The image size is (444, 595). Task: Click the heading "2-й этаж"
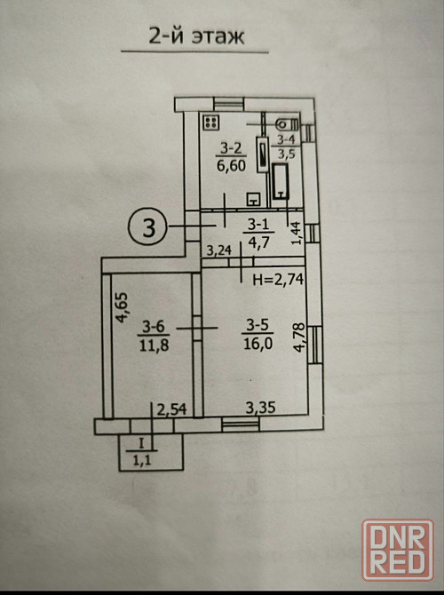pos(196,36)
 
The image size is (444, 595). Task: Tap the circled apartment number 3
pos(148,226)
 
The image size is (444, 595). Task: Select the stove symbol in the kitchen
pos(211,123)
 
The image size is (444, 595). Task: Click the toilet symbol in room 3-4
pos(288,123)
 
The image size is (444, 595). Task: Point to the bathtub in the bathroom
pos(281,181)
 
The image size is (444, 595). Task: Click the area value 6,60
pos(231,165)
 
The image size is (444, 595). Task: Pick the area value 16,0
pos(258,344)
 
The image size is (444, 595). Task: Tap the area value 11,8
pos(155,345)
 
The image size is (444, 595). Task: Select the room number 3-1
pos(258,225)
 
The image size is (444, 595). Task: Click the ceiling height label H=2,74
pos(278,280)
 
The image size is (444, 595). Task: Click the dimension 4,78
pos(299,337)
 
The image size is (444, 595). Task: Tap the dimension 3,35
pos(260,408)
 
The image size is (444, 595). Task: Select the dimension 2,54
pos(172,409)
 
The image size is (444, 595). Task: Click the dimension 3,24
pos(219,250)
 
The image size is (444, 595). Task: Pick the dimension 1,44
pos(297,233)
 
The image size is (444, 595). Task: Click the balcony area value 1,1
pos(142,460)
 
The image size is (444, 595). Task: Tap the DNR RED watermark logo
pos(398,551)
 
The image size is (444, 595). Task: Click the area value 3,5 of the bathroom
pos(286,154)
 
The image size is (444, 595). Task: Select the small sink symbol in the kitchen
pos(253,199)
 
